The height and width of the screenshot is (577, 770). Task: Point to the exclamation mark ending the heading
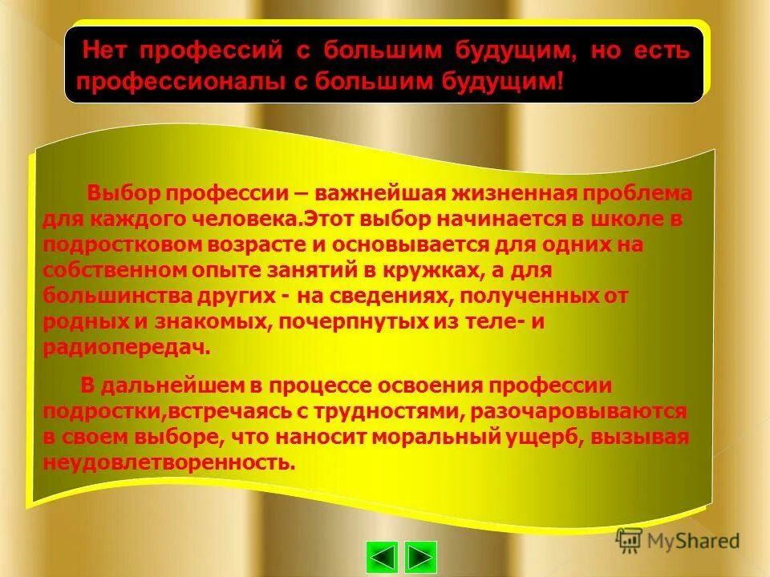point(560,81)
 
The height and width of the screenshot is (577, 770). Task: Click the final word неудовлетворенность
point(168,462)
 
